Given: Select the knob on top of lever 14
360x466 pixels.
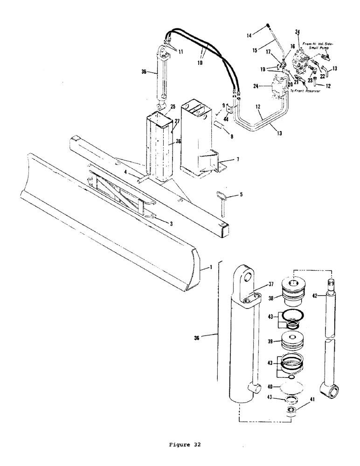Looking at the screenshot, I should (269, 26).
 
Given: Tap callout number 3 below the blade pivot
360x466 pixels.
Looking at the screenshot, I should (172, 224).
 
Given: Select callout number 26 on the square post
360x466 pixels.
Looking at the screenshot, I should (172, 141).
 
